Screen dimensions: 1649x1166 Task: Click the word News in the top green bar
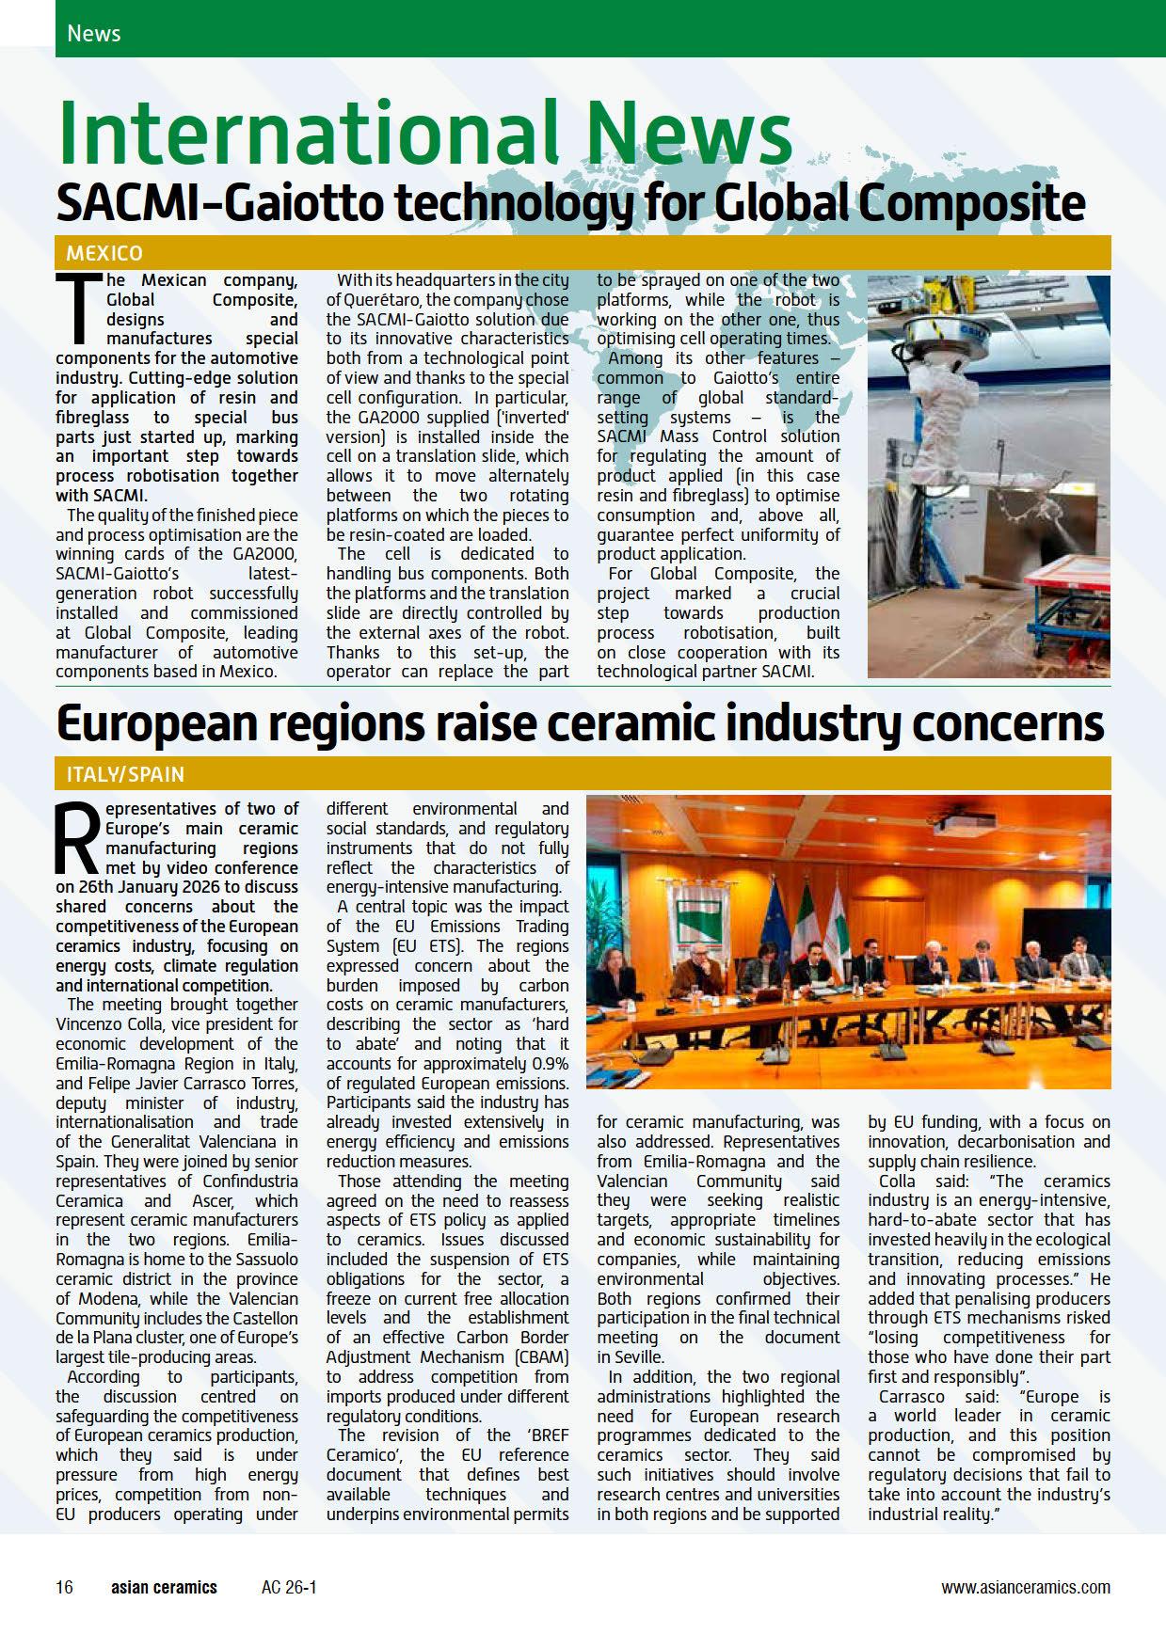tap(94, 34)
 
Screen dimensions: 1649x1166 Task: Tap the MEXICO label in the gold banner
tap(104, 253)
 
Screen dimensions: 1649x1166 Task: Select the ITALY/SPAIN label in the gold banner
tap(125, 774)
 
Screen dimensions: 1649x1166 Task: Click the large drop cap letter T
tap(77, 309)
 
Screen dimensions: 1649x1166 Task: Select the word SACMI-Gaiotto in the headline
tap(212, 202)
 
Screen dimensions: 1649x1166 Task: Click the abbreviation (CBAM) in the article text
tap(535, 1356)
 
